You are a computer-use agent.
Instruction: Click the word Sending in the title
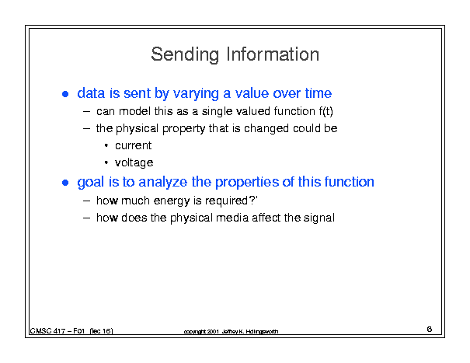(x=185, y=54)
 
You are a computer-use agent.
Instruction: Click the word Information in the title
(x=273, y=54)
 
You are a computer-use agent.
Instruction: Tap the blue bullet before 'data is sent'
(x=65, y=94)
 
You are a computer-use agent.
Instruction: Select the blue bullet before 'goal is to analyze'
(x=65, y=183)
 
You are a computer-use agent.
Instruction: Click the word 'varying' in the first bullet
(x=196, y=93)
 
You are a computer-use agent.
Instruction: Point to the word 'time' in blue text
(x=319, y=93)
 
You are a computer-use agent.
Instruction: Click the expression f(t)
(x=326, y=111)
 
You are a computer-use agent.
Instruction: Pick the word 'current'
(x=134, y=145)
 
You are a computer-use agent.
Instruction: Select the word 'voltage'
(x=134, y=163)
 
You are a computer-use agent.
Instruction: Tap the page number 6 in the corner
(x=430, y=329)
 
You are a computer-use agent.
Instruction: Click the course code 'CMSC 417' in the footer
(x=47, y=331)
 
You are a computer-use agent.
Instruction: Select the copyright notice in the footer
(x=231, y=331)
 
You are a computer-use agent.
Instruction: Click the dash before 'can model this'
(x=87, y=112)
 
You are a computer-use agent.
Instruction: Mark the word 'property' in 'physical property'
(x=184, y=129)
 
